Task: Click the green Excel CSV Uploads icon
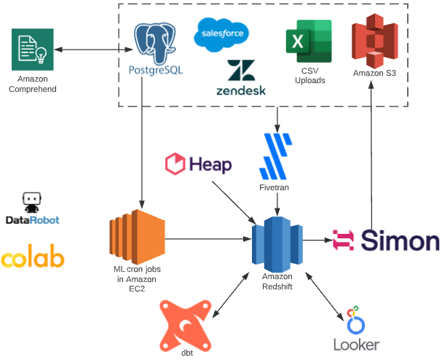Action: [x=309, y=42]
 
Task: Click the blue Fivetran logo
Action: [x=275, y=156]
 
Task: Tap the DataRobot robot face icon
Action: [x=31, y=203]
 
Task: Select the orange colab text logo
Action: [x=32, y=257]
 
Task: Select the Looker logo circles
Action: [x=355, y=320]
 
